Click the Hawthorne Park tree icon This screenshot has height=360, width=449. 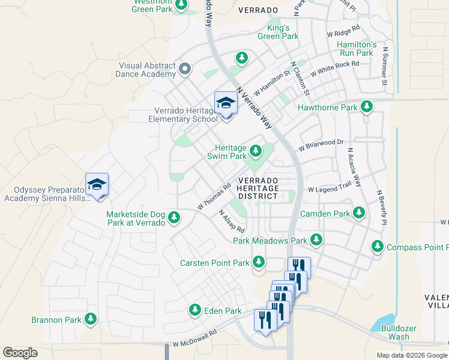coord(367,107)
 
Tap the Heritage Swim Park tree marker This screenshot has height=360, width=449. coord(256,151)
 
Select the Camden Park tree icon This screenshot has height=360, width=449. coord(359,213)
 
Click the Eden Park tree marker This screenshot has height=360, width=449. coord(194,310)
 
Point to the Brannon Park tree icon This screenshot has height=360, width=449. coord(91,319)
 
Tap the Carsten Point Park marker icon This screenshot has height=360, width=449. coord(259,262)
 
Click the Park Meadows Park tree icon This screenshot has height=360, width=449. coord(316,240)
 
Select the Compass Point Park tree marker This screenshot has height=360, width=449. coord(377,246)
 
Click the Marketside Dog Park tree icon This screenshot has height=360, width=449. coord(174,217)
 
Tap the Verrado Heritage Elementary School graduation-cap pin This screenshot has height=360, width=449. coord(226,103)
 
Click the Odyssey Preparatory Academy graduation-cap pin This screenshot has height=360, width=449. coord(97,185)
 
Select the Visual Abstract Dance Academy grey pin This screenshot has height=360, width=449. coord(184,69)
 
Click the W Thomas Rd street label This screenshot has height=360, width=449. coord(214,197)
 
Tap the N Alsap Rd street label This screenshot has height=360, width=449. coord(232,221)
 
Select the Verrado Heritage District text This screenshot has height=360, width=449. coord(259,188)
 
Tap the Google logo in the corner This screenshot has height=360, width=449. coord(20,353)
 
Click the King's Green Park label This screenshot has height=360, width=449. coord(278,32)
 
